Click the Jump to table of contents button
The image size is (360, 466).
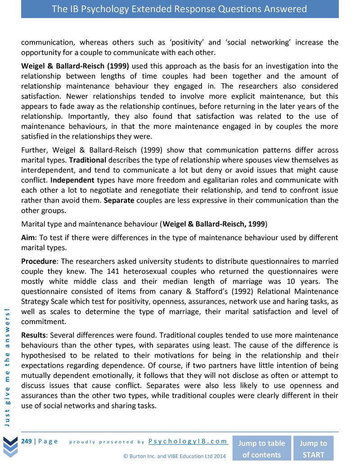click(x=261, y=448)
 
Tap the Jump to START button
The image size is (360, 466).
click(x=313, y=448)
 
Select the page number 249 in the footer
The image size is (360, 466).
click(x=26, y=441)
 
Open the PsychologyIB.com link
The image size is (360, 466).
click(x=188, y=441)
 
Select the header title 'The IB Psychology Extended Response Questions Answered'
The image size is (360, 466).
click(x=180, y=9)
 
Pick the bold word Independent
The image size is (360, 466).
click(x=72, y=180)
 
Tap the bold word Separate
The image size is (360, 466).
click(x=119, y=200)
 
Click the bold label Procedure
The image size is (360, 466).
click(x=39, y=261)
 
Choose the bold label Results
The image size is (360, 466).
click(x=34, y=335)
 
